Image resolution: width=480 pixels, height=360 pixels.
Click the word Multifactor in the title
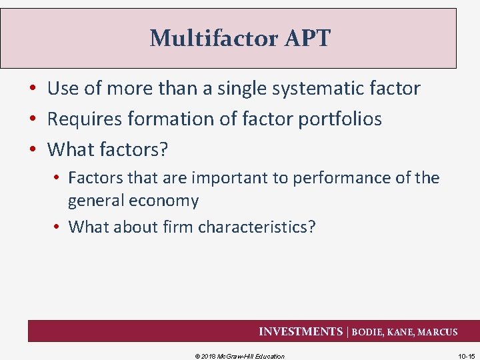(203, 39)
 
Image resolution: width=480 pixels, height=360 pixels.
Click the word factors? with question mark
(133, 149)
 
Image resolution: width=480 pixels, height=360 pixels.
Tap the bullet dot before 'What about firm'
(58, 227)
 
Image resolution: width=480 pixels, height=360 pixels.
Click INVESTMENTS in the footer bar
(300, 331)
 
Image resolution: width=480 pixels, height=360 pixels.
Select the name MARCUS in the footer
(437, 332)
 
